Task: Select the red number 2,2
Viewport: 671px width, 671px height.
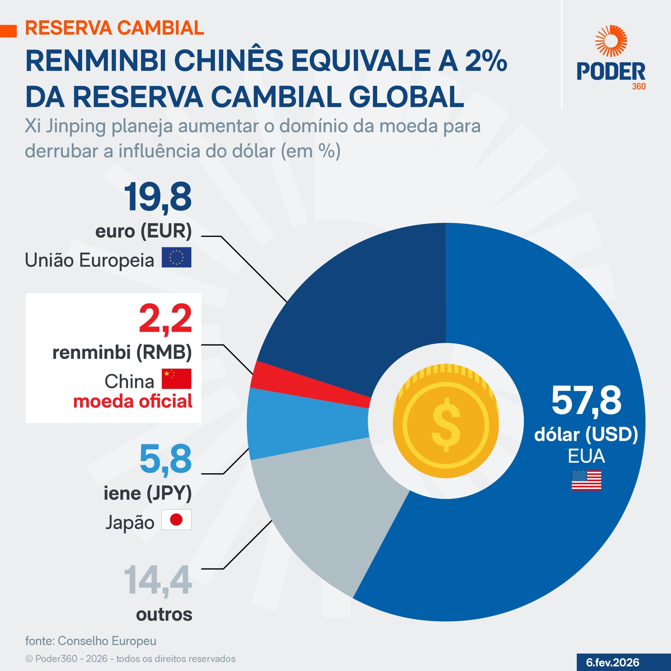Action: (165, 318)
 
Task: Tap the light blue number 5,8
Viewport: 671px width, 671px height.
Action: (165, 459)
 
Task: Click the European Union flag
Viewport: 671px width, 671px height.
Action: (176, 257)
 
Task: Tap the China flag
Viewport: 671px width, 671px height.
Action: (176, 378)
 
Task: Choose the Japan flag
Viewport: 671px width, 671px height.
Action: (176, 520)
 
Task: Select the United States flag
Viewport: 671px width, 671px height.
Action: (586, 480)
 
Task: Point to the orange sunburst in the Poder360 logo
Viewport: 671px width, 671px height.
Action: (611, 41)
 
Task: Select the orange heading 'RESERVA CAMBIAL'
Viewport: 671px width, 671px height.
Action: (115, 28)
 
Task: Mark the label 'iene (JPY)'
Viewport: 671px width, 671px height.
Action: (148, 493)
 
